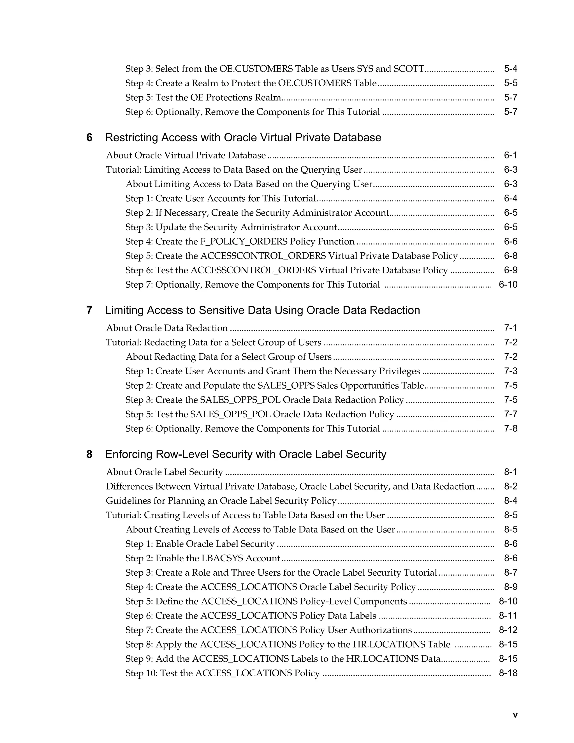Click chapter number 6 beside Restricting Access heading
[x=89, y=138]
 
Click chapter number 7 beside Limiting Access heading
[x=89, y=311]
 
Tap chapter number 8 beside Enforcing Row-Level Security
[x=89, y=454]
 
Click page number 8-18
[x=508, y=673]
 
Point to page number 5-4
[x=510, y=69]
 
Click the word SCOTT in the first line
[x=409, y=69]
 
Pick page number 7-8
[x=510, y=429]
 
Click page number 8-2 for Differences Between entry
[x=510, y=486]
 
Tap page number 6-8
[x=510, y=256]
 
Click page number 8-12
[x=508, y=630]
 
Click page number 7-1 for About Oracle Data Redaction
[x=510, y=328]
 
